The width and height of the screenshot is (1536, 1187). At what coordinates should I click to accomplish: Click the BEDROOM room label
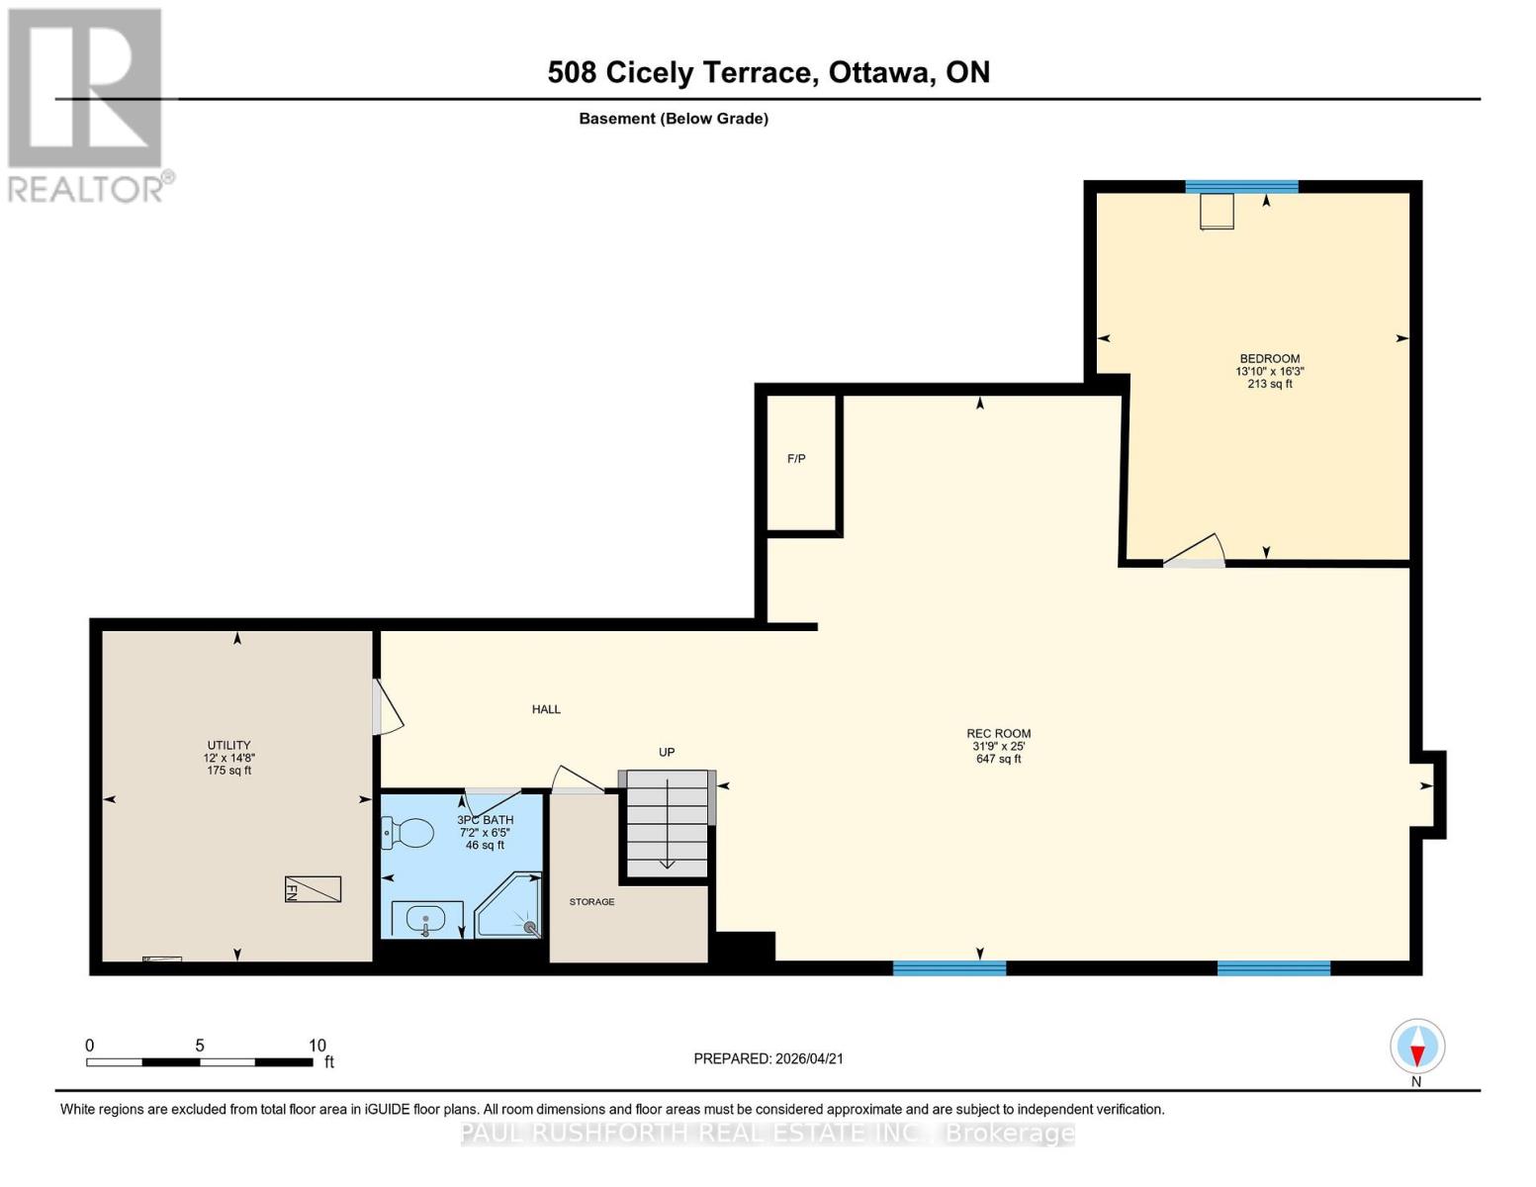1269,359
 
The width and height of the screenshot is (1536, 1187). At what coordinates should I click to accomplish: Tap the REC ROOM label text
998,734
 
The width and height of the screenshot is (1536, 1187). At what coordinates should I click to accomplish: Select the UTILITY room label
228,746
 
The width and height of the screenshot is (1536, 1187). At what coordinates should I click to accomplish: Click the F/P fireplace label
796,459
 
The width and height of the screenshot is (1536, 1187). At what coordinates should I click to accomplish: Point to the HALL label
546,709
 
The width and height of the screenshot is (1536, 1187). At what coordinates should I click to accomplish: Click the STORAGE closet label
591,902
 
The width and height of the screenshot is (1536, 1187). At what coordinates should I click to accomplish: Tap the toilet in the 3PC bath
409,834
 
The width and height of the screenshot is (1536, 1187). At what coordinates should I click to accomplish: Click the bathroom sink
426,919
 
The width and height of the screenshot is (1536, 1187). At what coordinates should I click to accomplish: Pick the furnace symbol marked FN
313,889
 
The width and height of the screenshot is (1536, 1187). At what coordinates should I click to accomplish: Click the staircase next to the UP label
667,823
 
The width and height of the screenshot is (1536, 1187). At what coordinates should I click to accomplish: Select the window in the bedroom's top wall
1241,187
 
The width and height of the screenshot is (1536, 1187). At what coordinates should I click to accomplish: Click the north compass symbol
1417,1047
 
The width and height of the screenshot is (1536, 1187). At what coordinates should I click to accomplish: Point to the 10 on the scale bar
316,1046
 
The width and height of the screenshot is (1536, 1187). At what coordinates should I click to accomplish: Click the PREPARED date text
768,1058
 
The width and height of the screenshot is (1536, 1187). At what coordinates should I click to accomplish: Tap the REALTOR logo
86,105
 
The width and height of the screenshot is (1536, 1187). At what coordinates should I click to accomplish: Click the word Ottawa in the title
880,72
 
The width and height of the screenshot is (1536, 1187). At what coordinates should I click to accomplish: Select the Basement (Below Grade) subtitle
673,119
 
